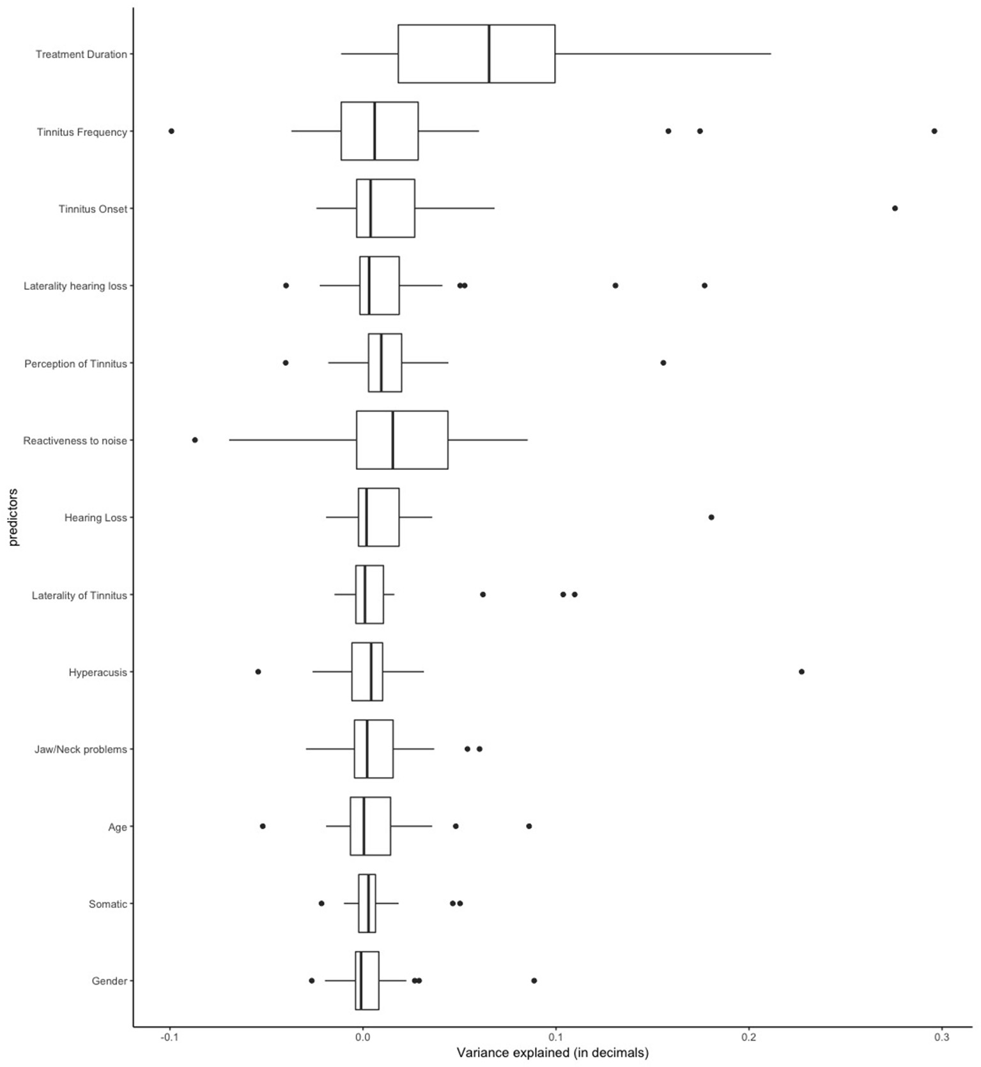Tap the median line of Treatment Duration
pos(489,54)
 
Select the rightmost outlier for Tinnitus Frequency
pos(934,131)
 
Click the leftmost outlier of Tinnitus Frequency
pos(171,131)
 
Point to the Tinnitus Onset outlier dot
pos(895,208)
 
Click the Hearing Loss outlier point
pos(711,517)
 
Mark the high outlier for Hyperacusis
pos(801,672)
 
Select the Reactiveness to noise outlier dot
pos(195,440)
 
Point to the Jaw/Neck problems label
pos(81,749)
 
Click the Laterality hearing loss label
pos(75,286)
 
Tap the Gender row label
pos(109,981)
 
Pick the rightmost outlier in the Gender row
pos(534,980)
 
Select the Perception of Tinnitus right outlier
pos(663,363)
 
